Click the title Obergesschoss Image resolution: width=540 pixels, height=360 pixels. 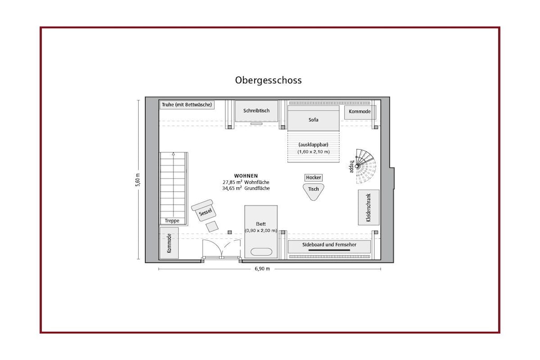[268, 80]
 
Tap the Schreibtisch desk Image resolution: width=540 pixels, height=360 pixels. [256, 111]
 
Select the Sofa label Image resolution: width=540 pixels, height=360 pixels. [313, 120]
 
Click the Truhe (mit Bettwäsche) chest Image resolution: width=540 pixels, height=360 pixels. [187, 105]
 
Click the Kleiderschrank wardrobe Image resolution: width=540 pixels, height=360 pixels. [369, 208]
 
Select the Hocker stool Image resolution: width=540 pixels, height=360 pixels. [313, 178]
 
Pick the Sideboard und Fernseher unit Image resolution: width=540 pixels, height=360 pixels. [329, 247]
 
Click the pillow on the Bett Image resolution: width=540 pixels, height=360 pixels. [261, 251]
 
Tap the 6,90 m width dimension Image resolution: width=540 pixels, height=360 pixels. [263, 269]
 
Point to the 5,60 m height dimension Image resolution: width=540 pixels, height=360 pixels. [138, 180]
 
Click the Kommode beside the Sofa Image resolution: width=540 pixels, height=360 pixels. [360, 112]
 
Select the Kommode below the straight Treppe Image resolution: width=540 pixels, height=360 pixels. [169, 243]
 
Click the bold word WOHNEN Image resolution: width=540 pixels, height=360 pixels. [246, 176]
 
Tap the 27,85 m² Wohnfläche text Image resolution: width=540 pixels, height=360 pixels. [246, 182]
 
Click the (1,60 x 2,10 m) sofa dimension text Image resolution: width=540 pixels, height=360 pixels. [313, 152]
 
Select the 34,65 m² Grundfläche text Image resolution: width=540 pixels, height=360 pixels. [246, 188]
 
